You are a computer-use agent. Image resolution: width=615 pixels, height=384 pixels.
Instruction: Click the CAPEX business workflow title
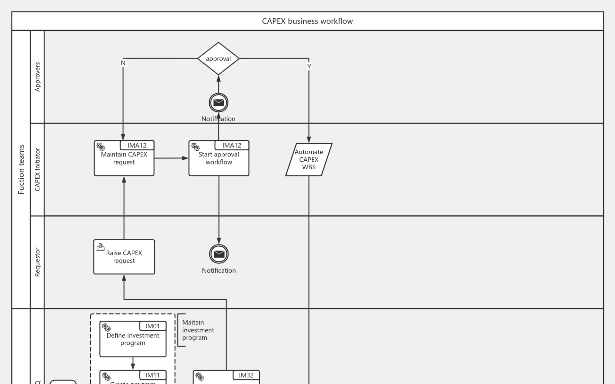point(307,21)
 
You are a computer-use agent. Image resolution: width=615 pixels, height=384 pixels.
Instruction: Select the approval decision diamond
point(218,59)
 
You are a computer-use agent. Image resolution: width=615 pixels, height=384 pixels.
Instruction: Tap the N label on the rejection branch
point(123,63)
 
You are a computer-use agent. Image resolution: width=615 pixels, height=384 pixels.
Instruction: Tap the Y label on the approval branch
point(309,67)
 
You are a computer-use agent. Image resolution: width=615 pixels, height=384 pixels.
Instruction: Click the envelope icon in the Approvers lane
point(218,103)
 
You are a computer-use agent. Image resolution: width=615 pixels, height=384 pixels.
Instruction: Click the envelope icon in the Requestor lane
point(219,254)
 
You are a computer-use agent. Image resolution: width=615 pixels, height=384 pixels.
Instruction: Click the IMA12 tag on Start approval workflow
point(232,145)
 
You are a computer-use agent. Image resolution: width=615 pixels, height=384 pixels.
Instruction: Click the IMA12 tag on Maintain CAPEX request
point(137,145)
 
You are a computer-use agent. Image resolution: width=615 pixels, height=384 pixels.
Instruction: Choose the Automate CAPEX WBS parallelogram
point(308,159)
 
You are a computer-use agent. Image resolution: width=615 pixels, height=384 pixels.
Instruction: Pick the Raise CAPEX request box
point(124,257)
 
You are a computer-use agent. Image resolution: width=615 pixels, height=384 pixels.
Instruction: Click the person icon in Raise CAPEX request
point(101,247)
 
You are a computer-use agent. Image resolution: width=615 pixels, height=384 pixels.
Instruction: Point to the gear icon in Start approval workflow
point(195,147)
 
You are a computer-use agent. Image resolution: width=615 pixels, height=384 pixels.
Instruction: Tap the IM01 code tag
point(152,326)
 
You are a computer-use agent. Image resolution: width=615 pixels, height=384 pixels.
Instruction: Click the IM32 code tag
point(246,375)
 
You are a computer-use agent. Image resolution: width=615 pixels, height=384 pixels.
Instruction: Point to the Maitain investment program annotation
point(198,330)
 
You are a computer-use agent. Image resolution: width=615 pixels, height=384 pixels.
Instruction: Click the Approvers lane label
point(37,77)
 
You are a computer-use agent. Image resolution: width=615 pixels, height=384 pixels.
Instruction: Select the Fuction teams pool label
point(21,170)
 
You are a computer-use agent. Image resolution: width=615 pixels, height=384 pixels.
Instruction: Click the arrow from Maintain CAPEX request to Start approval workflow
point(171,158)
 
